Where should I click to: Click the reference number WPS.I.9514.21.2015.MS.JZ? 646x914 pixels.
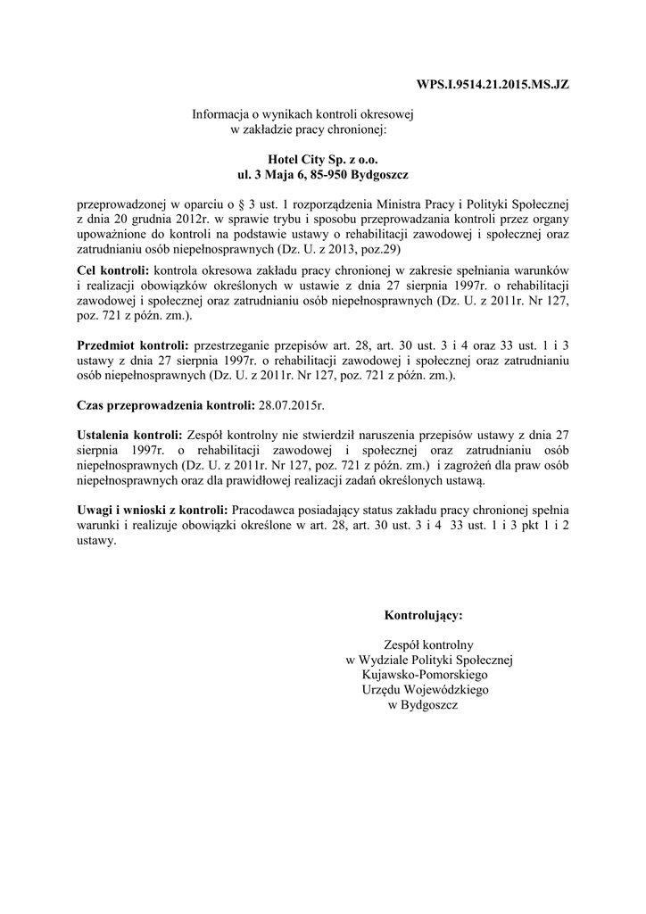tap(493, 86)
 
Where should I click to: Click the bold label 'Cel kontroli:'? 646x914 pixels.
tap(113, 269)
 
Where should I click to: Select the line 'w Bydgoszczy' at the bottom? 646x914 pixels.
tap(423, 705)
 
